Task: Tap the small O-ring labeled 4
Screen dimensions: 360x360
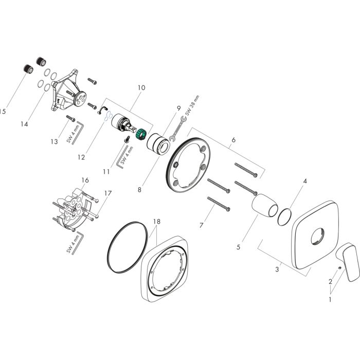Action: [x=283, y=217]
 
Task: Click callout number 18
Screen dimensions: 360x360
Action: [x=156, y=221]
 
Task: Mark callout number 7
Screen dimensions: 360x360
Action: [x=201, y=225]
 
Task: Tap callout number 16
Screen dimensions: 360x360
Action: [x=85, y=180]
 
